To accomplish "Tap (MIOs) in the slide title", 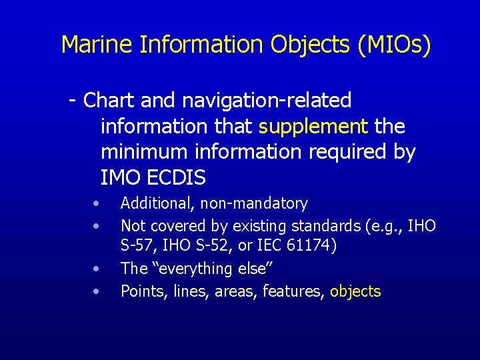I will click(395, 45).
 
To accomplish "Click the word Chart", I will click(110, 101).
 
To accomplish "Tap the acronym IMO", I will click(118, 178).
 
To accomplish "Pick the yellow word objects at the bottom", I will click(355, 291).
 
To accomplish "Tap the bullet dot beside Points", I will click(97, 291).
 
